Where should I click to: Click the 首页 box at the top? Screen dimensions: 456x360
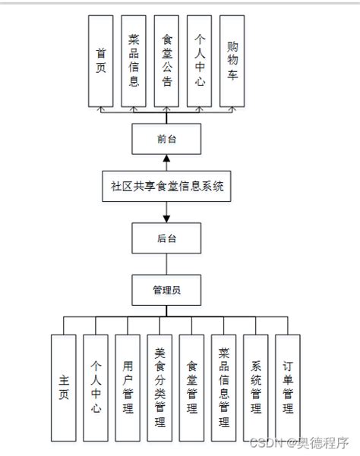(x=101, y=61)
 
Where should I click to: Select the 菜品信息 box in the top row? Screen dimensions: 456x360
(x=134, y=61)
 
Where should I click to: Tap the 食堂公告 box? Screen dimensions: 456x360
(x=166, y=61)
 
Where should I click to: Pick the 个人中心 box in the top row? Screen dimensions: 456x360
(x=199, y=61)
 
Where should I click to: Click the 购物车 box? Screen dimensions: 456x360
(x=232, y=61)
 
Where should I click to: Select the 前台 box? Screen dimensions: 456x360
(x=166, y=139)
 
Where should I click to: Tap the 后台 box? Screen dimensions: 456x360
(x=166, y=237)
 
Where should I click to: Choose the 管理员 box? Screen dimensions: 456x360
(x=166, y=289)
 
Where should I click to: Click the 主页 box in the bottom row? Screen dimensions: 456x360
(x=64, y=387)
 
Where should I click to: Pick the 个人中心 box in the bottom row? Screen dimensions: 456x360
(x=96, y=387)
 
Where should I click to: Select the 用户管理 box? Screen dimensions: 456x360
(x=128, y=387)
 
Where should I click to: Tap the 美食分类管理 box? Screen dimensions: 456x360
(x=160, y=387)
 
